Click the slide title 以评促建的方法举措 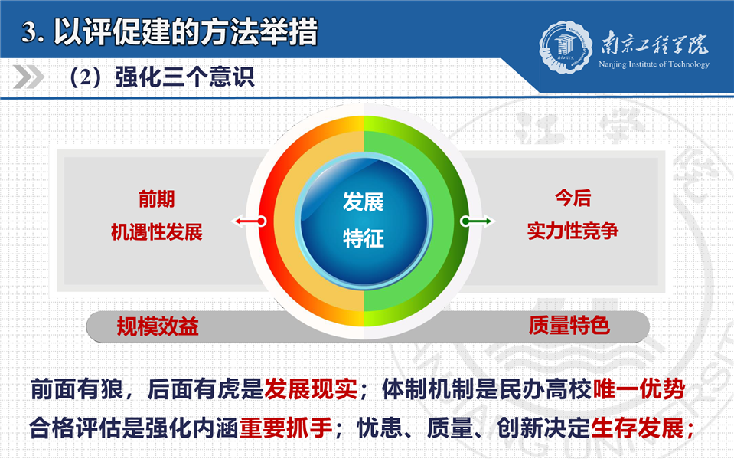[186, 31]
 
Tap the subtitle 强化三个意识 [184, 77]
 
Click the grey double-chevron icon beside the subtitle [28, 77]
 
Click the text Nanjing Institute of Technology [654, 64]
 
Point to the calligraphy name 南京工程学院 [654, 43]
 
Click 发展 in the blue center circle [364, 202]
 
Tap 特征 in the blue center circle [364, 238]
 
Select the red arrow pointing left [249, 221]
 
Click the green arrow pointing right [477, 221]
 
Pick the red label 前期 [156, 198]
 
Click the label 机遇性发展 [156, 231]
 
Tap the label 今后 [573, 198]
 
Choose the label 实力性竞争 [573, 231]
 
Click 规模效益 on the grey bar [158, 326]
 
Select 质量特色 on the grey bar [569, 325]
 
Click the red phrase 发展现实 [311, 389]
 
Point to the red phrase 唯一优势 [639, 389]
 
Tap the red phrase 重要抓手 [286, 428]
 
